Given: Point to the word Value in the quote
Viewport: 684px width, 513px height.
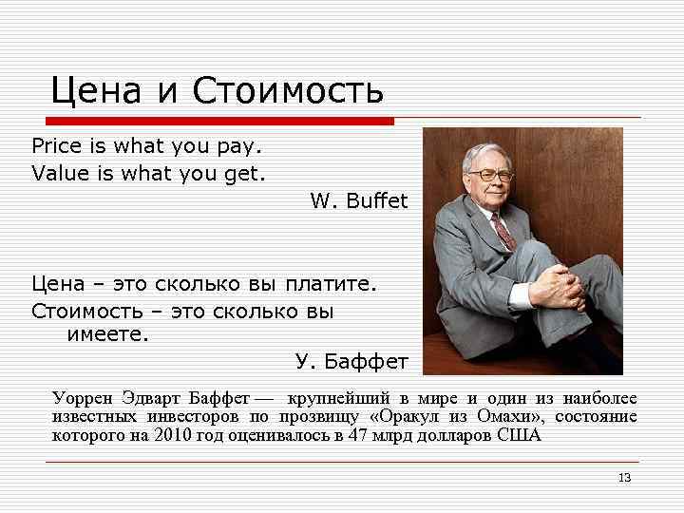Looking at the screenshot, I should [x=57, y=173].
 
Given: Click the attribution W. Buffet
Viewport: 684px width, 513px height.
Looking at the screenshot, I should [x=358, y=200].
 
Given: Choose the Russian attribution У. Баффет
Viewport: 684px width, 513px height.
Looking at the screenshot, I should [x=351, y=361].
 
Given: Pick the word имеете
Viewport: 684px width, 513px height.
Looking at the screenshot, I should [x=107, y=334].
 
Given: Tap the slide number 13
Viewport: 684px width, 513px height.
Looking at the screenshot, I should [x=624, y=477].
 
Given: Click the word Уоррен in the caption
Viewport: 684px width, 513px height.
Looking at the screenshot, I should [x=82, y=398].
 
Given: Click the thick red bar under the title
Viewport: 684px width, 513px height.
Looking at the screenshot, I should [x=219, y=122].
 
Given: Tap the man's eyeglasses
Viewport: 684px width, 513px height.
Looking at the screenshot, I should [x=494, y=176].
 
